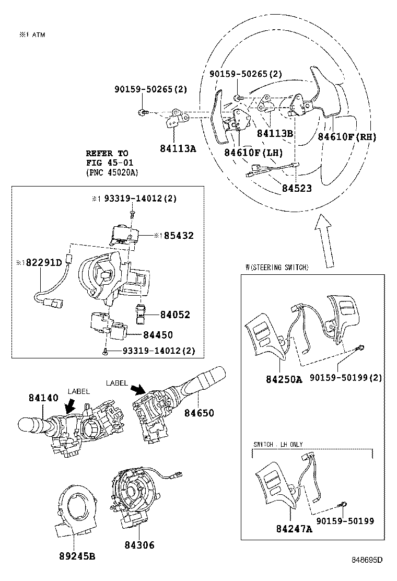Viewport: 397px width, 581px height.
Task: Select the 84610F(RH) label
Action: pos(347,137)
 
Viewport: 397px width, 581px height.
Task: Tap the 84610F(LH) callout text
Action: pos(253,153)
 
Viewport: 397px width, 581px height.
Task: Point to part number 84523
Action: pos(296,188)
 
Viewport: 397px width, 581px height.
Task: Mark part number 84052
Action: pos(174,315)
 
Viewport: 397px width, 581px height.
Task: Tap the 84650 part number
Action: pos(198,413)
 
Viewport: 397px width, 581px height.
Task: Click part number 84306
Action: pos(139,545)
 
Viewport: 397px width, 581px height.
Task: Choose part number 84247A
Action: pos(294,529)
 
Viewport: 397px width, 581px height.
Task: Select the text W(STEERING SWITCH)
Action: pos(277,267)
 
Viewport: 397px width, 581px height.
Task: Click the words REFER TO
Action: pos(107,154)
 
